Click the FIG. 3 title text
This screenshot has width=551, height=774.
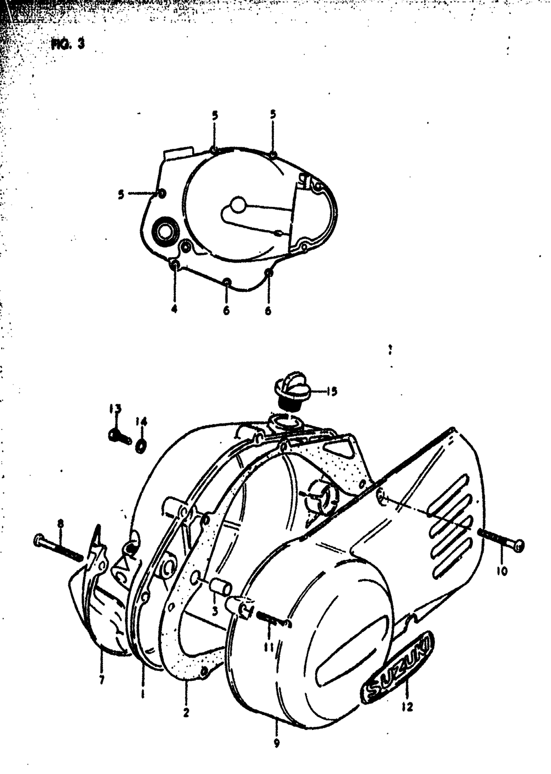(68, 45)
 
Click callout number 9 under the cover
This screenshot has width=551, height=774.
(275, 743)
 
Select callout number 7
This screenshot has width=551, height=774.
(101, 680)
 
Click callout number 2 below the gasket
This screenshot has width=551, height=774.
(186, 712)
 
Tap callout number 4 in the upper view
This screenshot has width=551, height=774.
(174, 309)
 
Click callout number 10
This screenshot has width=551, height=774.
(501, 572)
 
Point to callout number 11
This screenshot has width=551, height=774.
(268, 646)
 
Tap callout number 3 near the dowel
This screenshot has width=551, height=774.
(216, 611)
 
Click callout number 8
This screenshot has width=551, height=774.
(60, 522)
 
